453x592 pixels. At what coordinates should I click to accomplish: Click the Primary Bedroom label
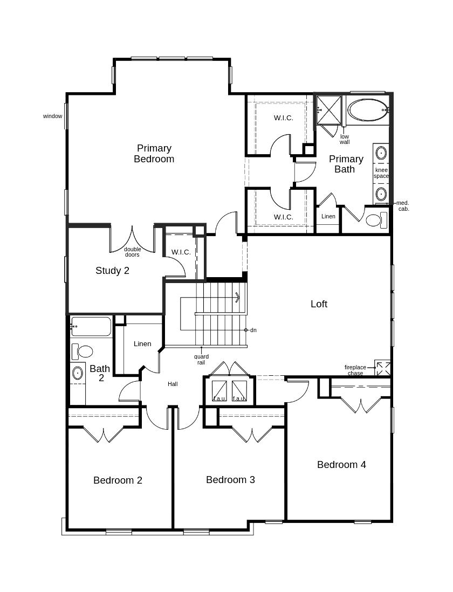[154, 154]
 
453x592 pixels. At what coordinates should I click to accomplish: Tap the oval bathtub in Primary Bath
[367, 110]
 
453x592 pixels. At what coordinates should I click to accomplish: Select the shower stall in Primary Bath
[328, 110]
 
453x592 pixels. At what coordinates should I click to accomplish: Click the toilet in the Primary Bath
[376, 220]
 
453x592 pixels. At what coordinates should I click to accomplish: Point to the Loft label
[319, 304]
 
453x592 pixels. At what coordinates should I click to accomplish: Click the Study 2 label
[112, 270]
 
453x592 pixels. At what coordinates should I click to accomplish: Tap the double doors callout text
[132, 252]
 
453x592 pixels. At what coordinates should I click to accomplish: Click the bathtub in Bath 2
[91, 327]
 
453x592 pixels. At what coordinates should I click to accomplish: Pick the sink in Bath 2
[78, 373]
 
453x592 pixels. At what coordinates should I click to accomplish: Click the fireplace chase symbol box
[382, 368]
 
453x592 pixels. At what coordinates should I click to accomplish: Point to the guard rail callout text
[201, 360]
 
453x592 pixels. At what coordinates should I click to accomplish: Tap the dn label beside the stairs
[253, 330]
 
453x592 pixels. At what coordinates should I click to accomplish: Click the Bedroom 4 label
[342, 464]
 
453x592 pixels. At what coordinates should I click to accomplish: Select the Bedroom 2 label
[118, 480]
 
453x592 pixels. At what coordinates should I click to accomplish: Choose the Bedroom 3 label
[230, 479]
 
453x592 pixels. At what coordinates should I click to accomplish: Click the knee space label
[381, 173]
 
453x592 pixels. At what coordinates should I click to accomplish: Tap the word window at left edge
[52, 116]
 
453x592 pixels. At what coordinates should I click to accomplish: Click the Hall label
[173, 384]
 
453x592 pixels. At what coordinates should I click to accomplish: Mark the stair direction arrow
[237, 297]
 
